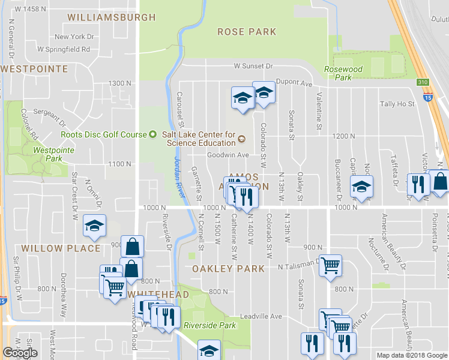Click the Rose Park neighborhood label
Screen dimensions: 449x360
click(x=247, y=32)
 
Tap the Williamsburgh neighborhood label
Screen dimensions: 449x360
click(x=111, y=17)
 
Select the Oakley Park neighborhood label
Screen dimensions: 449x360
click(x=228, y=269)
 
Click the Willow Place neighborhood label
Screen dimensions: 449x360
click(x=61, y=248)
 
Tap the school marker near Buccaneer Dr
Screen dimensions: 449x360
click(x=362, y=187)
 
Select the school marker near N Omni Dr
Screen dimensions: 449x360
click(x=94, y=226)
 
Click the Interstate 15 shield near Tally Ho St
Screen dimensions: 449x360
click(x=427, y=96)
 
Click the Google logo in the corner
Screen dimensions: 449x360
click(x=20, y=353)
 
